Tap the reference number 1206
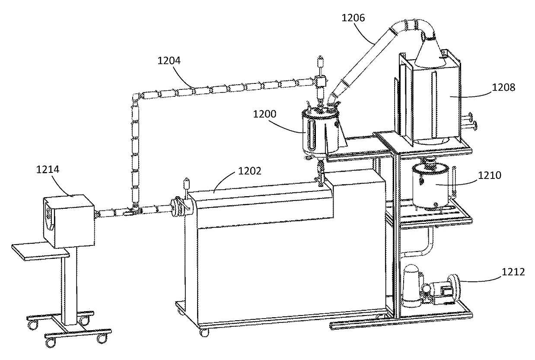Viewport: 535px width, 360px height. [353, 18]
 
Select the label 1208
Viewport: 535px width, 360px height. [503, 87]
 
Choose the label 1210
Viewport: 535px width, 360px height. [490, 175]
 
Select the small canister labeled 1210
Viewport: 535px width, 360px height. [430, 186]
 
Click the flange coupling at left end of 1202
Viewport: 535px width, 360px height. [177, 206]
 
